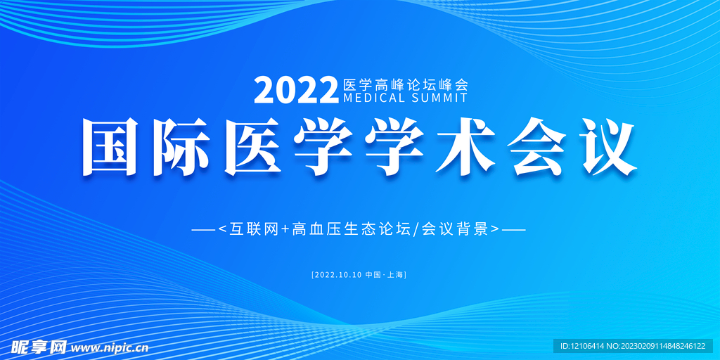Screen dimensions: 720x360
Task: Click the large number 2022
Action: click(295, 91)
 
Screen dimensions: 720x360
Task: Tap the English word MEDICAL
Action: click(374, 98)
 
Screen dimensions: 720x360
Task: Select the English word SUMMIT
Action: click(439, 98)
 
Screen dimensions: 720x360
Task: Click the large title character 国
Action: click(110, 146)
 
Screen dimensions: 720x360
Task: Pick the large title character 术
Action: click(465, 146)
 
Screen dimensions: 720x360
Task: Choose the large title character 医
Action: click(252, 146)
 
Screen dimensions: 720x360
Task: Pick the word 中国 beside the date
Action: click(372, 275)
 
